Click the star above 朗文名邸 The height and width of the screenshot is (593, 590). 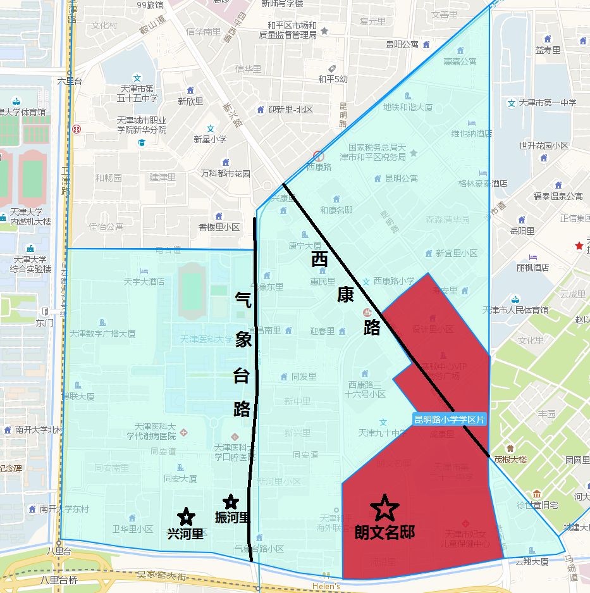[385, 507]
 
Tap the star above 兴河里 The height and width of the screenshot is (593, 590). [185, 517]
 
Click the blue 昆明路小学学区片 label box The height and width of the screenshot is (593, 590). [450, 419]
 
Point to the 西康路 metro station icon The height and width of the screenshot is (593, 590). [319, 156]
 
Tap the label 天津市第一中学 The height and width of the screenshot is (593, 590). [547, 103]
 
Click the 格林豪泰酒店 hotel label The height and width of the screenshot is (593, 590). [483, 184]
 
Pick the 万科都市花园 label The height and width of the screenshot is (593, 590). [225, 173]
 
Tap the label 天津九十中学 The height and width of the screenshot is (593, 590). [382, 434]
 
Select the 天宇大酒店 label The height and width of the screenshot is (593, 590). [144, 281]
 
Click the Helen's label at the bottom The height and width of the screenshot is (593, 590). [326, 586]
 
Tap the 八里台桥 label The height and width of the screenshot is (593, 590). [58, 579]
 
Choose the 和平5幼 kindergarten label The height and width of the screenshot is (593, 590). [333, 79]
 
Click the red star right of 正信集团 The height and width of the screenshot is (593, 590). [577, 245]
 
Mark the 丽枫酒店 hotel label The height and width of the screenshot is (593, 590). [533, 267]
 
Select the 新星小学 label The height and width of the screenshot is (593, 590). [210, 139]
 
